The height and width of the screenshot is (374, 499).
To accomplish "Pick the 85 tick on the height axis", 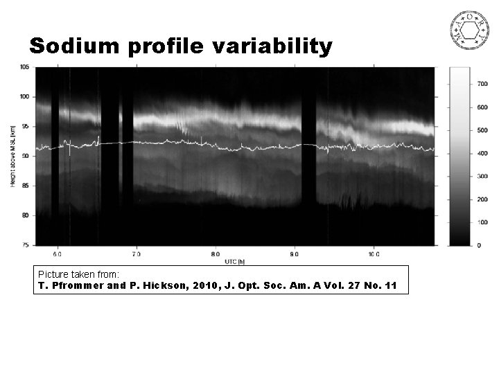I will (x=26, y=186).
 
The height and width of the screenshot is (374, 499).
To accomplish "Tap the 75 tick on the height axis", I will (x=26, y=245).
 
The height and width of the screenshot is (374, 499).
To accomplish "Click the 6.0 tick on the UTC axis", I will (x=58, y=254).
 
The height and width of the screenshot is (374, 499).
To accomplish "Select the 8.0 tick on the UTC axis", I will (x=216, y=254).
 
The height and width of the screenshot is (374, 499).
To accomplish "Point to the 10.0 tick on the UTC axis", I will (x=373, y=254).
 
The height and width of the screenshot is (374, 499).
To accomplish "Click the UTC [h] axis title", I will (x=236, y=262).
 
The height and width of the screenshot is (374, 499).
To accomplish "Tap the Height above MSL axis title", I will (x=14, y=155).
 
